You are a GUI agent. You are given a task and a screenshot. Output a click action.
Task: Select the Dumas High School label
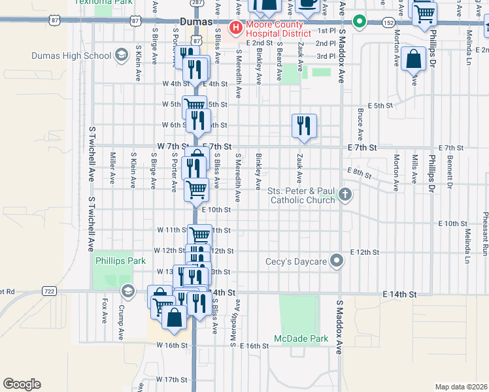point(79,56)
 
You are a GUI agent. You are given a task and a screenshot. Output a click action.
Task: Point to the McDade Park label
point(300,338)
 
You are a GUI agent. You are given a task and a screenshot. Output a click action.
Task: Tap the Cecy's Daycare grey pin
point(337,261)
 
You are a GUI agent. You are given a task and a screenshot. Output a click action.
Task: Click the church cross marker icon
point(345,194)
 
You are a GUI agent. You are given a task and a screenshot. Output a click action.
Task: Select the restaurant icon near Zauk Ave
point(304,125)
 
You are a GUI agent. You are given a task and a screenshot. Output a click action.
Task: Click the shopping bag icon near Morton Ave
point(414,59)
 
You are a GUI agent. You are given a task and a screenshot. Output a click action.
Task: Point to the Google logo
point(22,384)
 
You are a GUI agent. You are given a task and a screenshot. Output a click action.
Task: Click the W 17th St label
point(172,379)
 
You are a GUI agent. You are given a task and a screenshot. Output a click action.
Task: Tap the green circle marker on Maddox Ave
point(359,22)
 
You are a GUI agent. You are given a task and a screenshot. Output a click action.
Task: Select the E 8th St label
point(360,172)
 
